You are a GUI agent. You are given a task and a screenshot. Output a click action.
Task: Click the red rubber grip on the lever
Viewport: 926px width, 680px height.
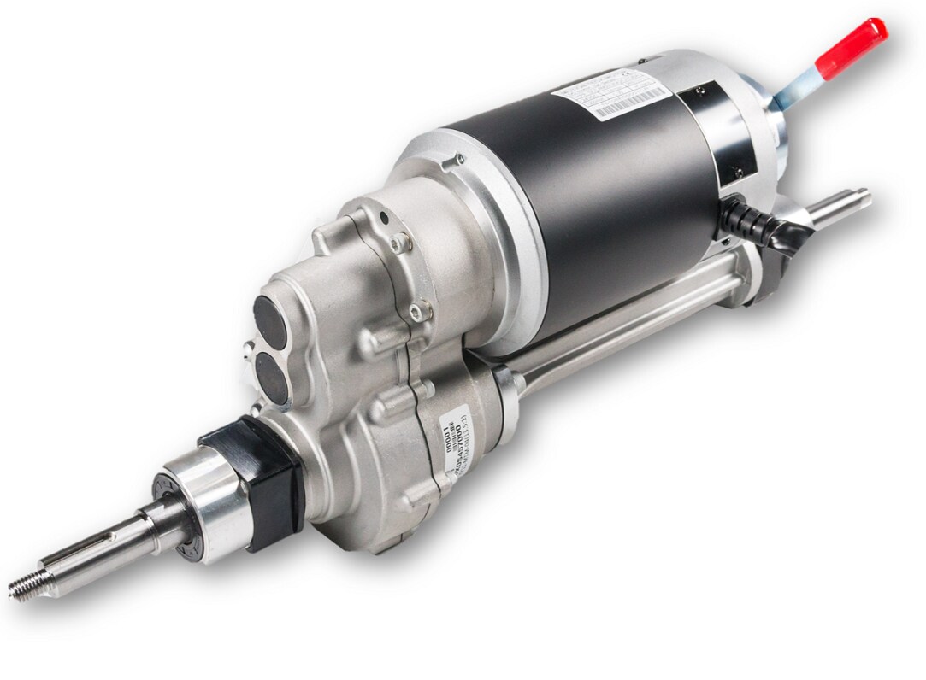tap(851, 49)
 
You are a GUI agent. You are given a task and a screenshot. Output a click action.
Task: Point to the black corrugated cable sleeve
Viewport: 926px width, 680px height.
tap(752, 224)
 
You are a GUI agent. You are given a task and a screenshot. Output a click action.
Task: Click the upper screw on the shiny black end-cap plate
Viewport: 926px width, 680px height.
tap(701, 87)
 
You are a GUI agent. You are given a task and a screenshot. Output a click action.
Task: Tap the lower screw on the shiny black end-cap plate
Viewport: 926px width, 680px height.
tap(734, 172)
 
